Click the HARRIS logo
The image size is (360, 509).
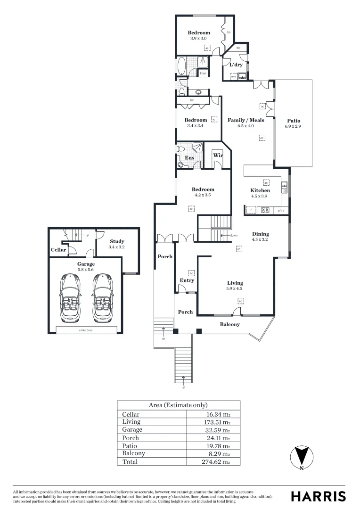[318, 496]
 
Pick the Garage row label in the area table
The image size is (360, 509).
[132, 430]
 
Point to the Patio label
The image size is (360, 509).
[293, 121]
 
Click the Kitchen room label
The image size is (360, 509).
[260, 190]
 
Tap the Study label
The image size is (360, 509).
[117, 241]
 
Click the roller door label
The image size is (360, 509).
[86, 329]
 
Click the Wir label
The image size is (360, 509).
[217, 155]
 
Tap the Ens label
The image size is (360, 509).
[189, 158]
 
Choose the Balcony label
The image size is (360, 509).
[230, 324]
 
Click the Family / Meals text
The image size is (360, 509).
[245, 120]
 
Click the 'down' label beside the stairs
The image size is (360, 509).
[234, 235]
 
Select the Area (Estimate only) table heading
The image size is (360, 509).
[178, 405]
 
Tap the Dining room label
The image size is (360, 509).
[260, 234]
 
